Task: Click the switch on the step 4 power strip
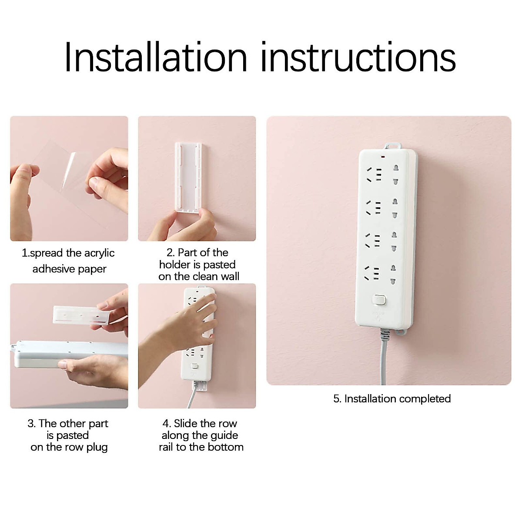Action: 194,366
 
